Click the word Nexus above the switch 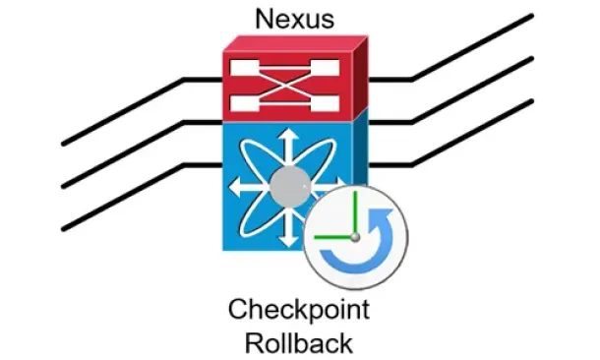pyautogui.click(x=295, y=19)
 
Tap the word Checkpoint pyautogui.click(x=299, y=310)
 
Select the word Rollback pyautogui.click(x=298, y=343)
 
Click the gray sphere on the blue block pyautogui.click(x=290, y=187)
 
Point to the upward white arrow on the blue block pyautogui.click(x=288, y=148)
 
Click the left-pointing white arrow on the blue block pyautogui.click(x=249, y=187)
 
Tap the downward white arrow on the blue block pyautogui.click(x=288, y=227)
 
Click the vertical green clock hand pyautogui.click(x=355, y=213)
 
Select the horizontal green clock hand pyautogui.click(x=333, y=237)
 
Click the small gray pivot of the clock pyautogui.click(x=355, y=237)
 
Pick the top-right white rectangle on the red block pyautogui.click(x=326, y=68)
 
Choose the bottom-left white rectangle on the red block pyautogui.click(x=245, y=103)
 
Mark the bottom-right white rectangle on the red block pyautogui.click(x=326, y=103)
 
